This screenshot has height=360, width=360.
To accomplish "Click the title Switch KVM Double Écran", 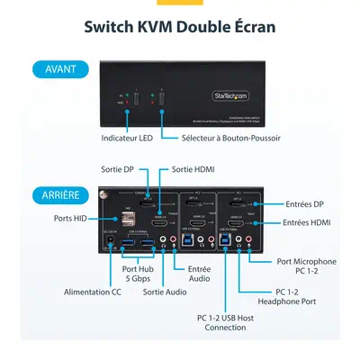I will click(x=180, y=26).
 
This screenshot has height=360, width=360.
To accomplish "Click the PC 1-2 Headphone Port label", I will click(x=289, y=297).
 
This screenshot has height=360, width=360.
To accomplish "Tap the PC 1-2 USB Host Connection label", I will click(x=221, y=322).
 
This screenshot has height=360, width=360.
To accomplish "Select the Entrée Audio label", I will click(x=199, y=274).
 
